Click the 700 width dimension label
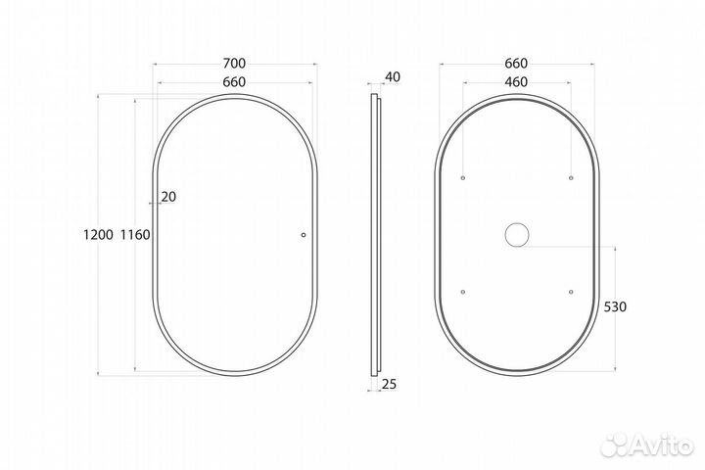coord(234,64)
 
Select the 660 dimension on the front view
coord(234,82)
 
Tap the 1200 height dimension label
coord(98,234)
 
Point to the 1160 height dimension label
coord(135,234)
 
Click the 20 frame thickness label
coord(168,197)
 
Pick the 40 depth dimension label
coord(393,77)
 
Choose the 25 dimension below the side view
coord(390,384)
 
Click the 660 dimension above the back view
coord(516,64)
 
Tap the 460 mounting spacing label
coord(516,82)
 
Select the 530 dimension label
coord(615,306)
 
